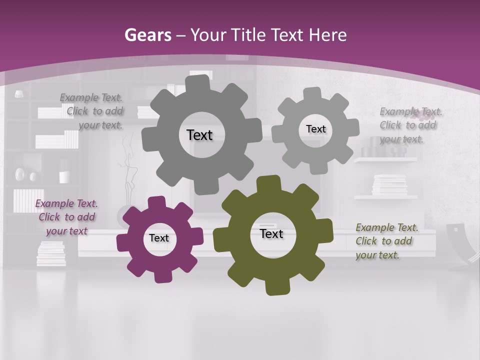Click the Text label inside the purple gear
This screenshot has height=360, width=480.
pos(159,238)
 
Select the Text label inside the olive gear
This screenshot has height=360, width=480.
pos(271,233)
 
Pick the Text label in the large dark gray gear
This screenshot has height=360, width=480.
pos(199,135)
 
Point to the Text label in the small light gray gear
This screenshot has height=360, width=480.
pos(315,129)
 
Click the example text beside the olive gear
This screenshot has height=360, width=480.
pos(386,241)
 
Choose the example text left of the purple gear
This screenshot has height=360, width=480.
pos(66,217)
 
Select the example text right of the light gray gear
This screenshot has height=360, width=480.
pos(410,125)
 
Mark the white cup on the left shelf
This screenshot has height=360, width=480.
pos(64,177)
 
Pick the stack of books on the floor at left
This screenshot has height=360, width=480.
pos(51,253)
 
